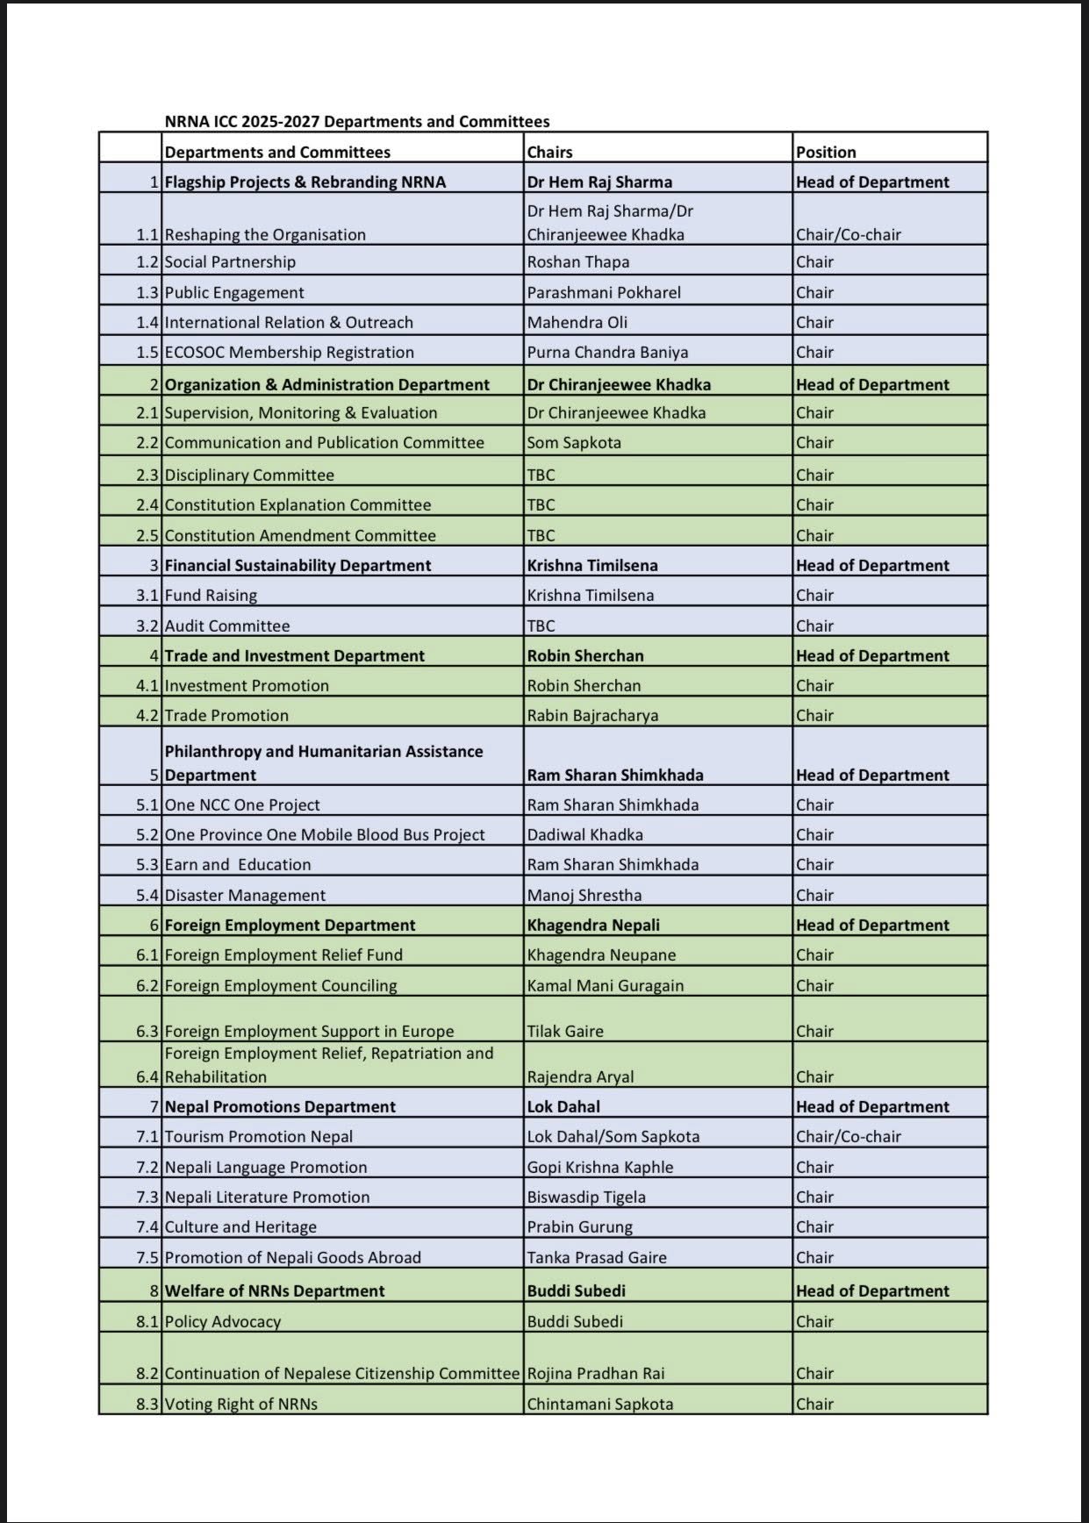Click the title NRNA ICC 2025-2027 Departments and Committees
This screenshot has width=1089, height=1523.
357,122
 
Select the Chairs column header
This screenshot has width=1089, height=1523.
549,152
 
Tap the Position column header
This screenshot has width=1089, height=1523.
826,152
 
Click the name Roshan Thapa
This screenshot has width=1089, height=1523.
577,261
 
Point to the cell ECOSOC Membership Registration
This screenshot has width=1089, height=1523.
289,352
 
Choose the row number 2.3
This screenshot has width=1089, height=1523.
147,475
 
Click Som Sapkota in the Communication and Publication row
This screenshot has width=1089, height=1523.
574,442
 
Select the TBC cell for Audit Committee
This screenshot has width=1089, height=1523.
541,626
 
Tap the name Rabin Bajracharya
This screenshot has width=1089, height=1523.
592,715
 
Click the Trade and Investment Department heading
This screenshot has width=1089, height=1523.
294,655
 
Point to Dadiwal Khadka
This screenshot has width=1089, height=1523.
584,834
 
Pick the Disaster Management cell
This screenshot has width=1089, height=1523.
245,895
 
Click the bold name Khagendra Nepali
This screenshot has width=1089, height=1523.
593,925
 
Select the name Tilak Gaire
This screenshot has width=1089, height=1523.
565,1031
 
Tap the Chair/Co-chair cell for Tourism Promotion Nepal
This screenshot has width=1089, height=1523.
848,1136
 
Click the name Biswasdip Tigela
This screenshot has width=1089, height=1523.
586,1197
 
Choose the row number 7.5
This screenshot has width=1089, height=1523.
147,1257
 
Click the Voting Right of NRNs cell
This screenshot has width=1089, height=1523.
240,1404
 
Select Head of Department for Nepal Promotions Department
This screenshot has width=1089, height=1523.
872,1106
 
